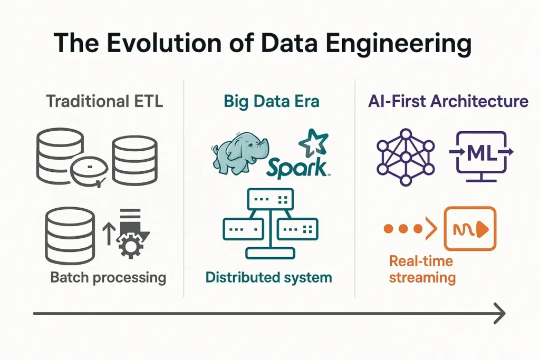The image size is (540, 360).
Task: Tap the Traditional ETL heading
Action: [104, 101]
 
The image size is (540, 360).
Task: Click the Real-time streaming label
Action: [422, 269]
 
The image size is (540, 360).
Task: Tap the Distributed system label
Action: [269, 277]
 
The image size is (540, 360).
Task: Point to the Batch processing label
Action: [108, 277]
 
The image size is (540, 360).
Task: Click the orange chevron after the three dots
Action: [432, 229]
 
